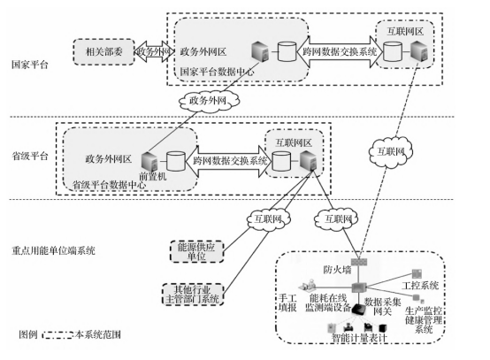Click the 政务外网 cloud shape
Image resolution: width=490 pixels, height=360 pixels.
tap(211, 100)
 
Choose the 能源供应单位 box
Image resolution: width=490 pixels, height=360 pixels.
tap(195, 250)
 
